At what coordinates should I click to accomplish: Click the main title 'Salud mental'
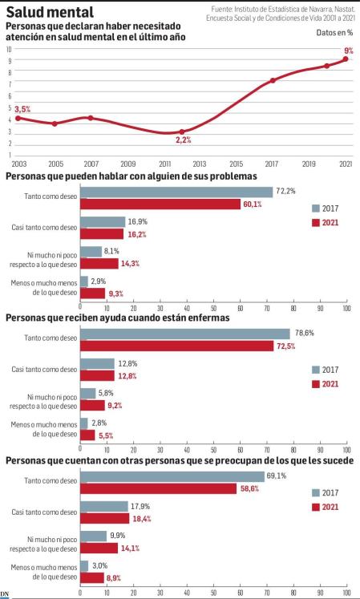coord(50,12)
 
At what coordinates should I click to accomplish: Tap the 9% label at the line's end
coord(348,50)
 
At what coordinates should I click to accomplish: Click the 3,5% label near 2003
coord(22,109)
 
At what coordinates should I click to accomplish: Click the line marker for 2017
coord(273,80)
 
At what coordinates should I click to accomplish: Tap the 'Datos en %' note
coord(334,33)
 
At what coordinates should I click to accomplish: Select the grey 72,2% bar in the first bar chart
coord(176,192)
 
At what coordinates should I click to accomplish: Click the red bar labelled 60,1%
coord(160,204)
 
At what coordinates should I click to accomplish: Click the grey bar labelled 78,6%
coord(185,334)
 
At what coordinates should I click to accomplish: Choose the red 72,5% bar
coord(177,346)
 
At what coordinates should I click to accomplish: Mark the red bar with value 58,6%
coord(159,488)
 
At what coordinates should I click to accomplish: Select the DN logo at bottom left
coord(6,593)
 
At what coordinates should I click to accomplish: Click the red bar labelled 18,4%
coord(105,518)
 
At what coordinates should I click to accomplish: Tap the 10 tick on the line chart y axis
coord(9,48)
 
